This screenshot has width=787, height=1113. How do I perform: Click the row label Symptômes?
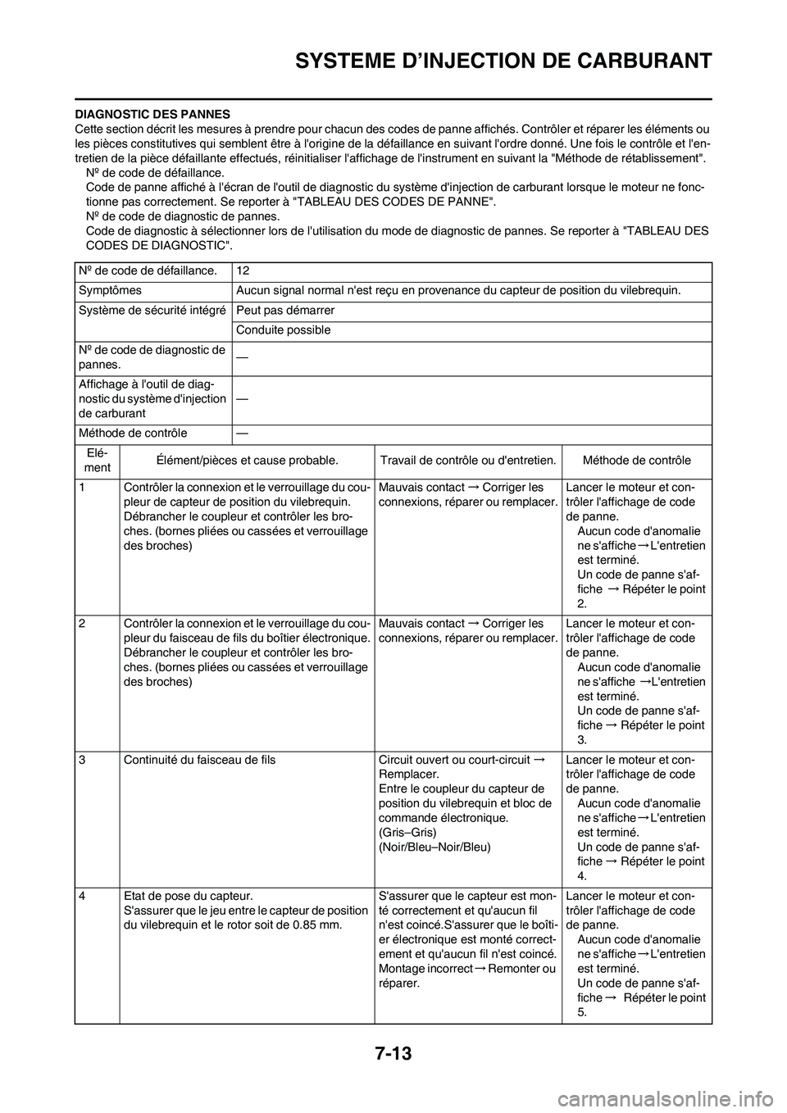click(x=110, y=290)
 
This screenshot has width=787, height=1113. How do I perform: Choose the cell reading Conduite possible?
click(x=283, y=330)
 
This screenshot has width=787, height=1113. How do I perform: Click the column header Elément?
click(x=98, y=459)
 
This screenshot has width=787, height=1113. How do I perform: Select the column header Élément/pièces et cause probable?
click(x=247, y=460)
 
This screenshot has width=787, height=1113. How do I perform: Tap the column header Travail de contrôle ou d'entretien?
click(x=468, y=460)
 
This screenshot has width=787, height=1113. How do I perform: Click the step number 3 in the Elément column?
click(x=84, y=760)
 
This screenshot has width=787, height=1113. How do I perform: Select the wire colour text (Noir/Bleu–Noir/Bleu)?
click(x=434, y=847)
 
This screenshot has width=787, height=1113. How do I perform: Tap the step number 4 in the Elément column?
click(x=84, y=897)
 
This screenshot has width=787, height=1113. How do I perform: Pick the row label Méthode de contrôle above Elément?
click(x=133, y=433)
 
